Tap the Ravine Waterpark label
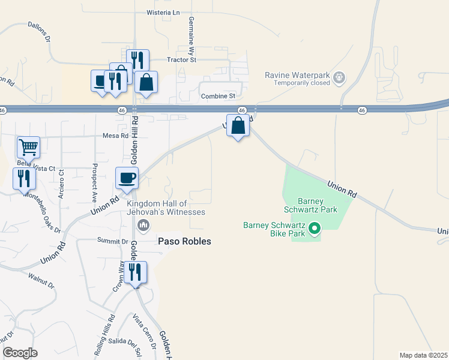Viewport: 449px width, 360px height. (x=298, y=75)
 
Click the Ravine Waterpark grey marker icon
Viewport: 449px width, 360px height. (x=339, y=77)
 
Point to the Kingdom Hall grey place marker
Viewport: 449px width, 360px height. (x=143, y=225)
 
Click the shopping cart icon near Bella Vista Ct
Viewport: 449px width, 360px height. (x=28, y=146)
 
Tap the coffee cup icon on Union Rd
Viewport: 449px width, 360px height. (x=127, y=178)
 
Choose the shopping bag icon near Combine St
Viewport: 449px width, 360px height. (x=146, y=82)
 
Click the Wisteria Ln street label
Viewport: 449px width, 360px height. (x=163, y=13)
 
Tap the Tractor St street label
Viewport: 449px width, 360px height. (x=182, y=60)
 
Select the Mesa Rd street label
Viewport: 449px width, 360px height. (x=116, y=136)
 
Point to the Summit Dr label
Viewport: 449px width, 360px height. (x=113, y=241)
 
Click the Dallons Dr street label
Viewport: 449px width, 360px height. (x=41, y=28)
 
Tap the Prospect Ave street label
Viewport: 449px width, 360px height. (x=94, y=182)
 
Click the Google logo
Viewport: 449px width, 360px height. (x=20, y=352)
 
